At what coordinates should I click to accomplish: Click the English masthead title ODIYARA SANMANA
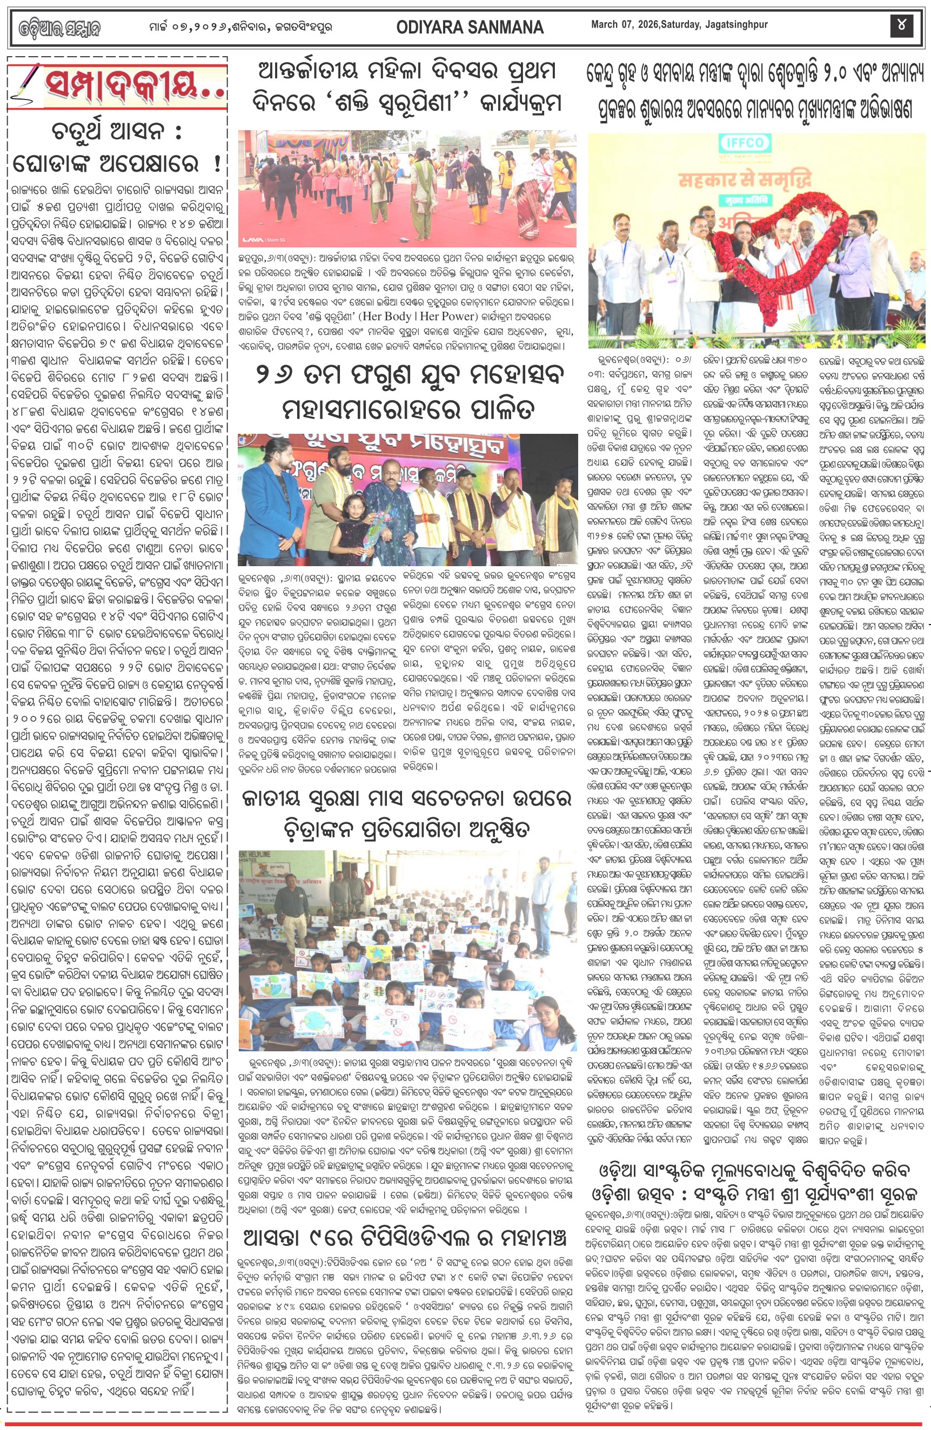(470, 27)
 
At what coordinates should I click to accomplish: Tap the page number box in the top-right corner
(901, 25)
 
